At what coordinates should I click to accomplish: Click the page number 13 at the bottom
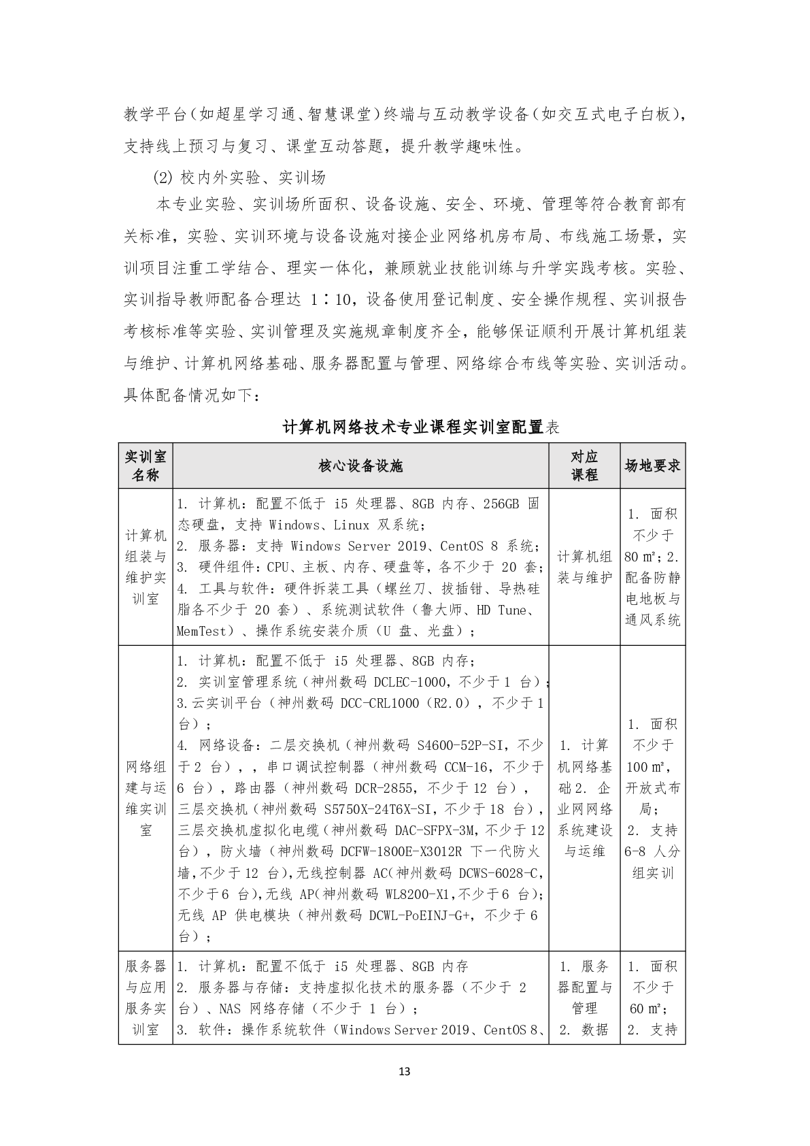click(x=405, y=1072)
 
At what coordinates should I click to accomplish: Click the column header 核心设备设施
click(x=360, y=465)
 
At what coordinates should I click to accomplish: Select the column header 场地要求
click(x=652, y=465)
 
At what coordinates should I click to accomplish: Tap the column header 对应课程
click(x=584, y=465)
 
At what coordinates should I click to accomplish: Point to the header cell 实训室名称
click(x=146, y=465)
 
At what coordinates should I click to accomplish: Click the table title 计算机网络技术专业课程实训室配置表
click(x=420, y=427)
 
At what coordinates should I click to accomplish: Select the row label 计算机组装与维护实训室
click(x=146, y=567)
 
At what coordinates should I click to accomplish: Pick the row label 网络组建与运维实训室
click(x=146, y=798)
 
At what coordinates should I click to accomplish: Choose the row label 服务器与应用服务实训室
click(x=146, y=997)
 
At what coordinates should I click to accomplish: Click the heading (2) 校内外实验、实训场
click(x=239, y=178)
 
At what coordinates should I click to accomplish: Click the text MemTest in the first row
click(x=201, y=631)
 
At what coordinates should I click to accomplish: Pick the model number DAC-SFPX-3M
click(x=434, y=830)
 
